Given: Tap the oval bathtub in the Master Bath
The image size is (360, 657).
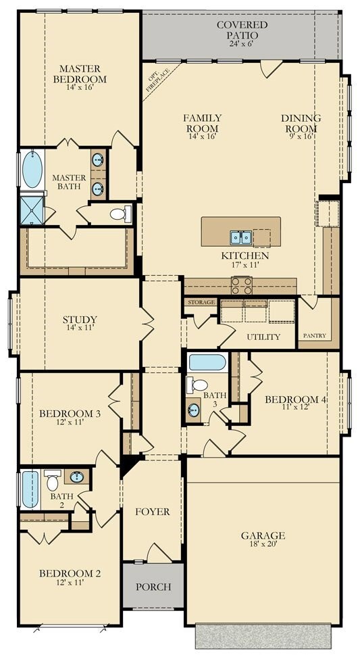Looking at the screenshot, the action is tap(32, 169).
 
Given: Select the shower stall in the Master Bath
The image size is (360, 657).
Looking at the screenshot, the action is tap(32, 210).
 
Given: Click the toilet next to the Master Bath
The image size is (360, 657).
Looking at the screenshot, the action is tap(120, 214).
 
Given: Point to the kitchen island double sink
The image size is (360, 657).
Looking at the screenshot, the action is tap(240, 237).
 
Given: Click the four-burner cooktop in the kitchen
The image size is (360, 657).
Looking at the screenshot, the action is tap(242, 285).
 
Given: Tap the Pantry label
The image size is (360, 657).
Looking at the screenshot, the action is tap(314, 336).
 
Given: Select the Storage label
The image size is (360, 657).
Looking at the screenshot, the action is tap(201, 301).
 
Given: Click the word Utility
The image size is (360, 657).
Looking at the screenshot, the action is tap(263, 337).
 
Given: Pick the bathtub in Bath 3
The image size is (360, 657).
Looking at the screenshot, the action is tap(207, 362).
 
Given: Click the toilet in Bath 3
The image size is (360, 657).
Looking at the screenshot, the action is tap(197, 385).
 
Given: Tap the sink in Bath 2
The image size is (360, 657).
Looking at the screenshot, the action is tap(76, 477).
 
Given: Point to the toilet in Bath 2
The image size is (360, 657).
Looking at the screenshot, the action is tap(52, 481).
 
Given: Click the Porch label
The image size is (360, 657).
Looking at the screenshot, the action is tap(153, 587).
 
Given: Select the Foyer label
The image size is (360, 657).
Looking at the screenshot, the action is tap(153, 512).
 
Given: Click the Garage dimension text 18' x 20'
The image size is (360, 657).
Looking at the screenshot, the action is tap(263, 545).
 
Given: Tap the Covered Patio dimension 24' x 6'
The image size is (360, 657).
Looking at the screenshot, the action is tap(242, 43).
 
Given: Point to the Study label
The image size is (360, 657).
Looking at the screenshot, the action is tap(80, 320).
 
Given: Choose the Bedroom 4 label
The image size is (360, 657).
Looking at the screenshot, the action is tap(296, 399).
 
